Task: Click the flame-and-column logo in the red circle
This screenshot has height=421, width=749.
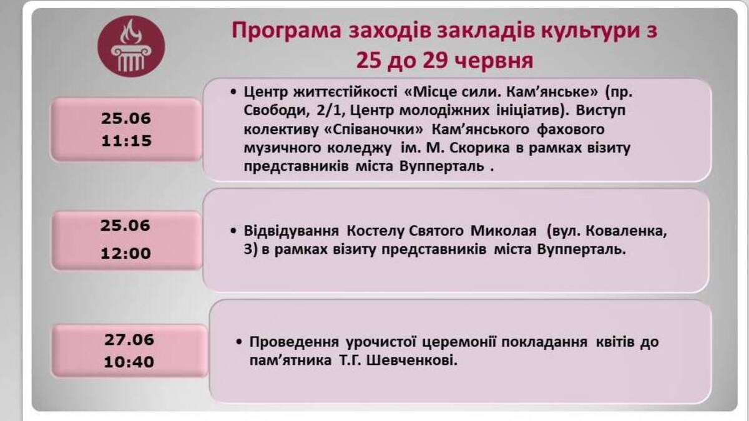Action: point(131,47)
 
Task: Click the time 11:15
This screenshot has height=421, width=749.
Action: point(126,141)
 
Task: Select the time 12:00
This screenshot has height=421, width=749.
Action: point(126,254)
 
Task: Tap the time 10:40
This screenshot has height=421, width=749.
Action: point(129,362)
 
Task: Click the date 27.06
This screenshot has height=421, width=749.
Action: point(129,340)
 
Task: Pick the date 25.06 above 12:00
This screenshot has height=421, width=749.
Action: point(126,226)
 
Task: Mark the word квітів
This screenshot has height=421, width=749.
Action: point(615,342)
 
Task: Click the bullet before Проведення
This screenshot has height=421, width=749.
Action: point(239,343)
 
